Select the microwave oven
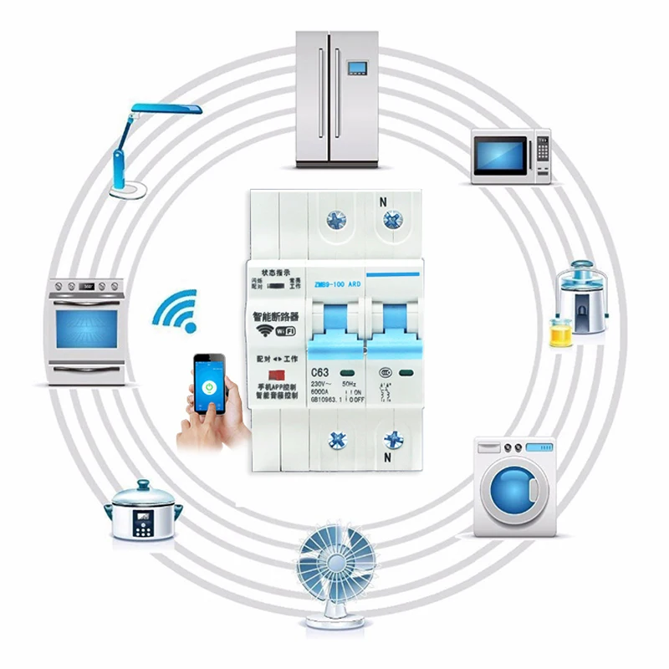(511, 156)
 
